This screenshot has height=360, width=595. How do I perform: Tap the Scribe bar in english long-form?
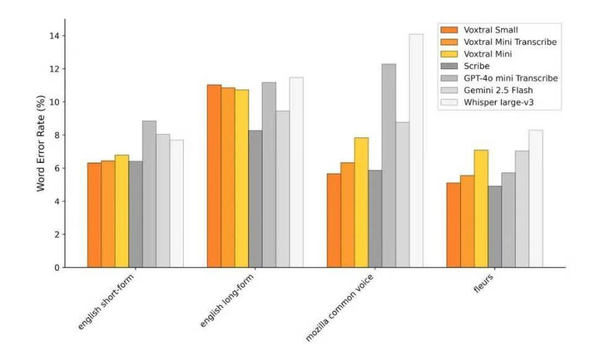click(x=255, y=199)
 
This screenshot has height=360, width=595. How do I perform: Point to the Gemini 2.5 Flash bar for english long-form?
click(x=283, y=189)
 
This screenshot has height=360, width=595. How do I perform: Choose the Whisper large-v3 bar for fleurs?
click(x=536, y=199)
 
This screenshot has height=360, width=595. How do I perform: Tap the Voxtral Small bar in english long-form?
click(x=214, y=176)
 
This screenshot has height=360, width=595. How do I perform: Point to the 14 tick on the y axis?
click(x=55, y=36)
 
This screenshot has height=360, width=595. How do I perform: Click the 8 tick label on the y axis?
click(x=57, y=135)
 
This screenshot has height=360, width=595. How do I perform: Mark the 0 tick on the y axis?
click(x=57, y=268)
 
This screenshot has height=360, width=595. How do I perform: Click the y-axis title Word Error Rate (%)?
click(x=41, y=143)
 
